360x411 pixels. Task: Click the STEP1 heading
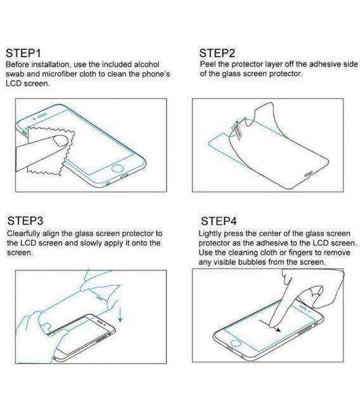[x=24, y=53]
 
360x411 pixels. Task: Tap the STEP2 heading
[x=217, y=53]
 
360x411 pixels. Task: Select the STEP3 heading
[x=25, y=221]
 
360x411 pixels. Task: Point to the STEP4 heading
[x=219, y=221]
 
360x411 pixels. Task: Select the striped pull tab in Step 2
[x=239, y=129]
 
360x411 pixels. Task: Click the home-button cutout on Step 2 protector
[x=309, y=172]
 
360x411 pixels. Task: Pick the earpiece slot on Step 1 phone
[x=42, y=117]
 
